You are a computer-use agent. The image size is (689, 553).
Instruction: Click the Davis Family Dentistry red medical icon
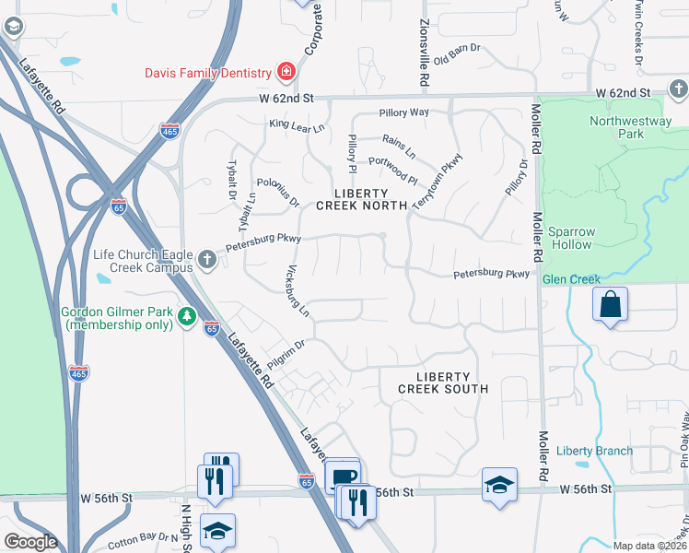[286, 72]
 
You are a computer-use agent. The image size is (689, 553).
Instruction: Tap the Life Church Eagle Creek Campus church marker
[206, 259]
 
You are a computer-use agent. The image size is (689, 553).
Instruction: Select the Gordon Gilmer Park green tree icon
[188, 317]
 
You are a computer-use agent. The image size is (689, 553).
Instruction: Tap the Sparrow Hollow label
[572, 239]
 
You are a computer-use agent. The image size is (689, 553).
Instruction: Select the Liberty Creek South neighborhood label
[443, 382]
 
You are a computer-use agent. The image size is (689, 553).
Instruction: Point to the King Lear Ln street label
[297, 124]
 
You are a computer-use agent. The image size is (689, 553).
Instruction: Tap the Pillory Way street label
[404, 112]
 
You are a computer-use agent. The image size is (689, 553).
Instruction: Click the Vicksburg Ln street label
[296, 290]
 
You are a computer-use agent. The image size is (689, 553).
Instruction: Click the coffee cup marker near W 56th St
[343, 475]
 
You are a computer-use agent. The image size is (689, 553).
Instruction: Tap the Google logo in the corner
[30, 542]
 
